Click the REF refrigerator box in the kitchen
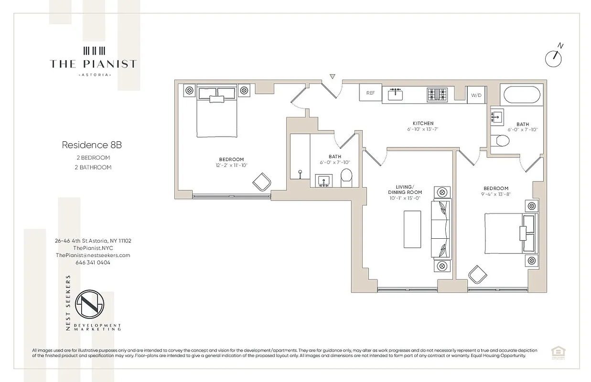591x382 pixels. [370, 93]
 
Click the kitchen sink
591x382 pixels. [396, 94]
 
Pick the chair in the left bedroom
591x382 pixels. [262, 182]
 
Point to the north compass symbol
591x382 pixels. [554, 56]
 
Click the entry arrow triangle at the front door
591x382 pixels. [333, 76]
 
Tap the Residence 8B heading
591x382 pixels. [88, 144]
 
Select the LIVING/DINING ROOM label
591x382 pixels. [404, 189]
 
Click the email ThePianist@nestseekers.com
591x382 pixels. [93, 255]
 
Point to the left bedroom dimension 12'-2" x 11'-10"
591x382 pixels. [232, 165]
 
